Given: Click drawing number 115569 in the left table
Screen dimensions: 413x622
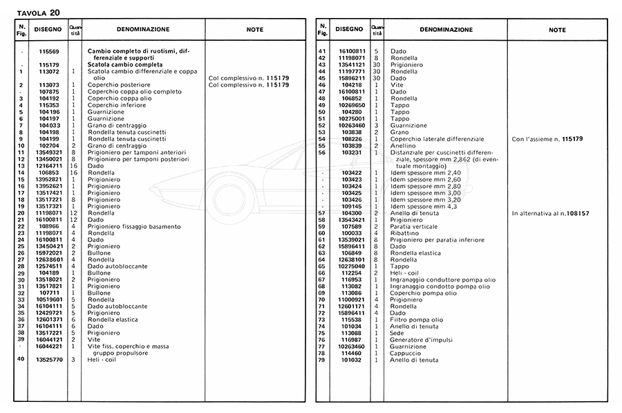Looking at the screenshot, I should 49,53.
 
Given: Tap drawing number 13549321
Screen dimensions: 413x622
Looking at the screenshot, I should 49,152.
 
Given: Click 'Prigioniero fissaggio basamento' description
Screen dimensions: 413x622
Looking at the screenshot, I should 134,226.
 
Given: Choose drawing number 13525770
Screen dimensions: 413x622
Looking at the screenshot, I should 49,359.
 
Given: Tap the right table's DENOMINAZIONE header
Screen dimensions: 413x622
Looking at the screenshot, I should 446,30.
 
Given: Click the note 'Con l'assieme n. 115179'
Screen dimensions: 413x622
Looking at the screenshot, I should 547,138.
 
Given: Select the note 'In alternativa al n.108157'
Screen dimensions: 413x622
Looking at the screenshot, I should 551,214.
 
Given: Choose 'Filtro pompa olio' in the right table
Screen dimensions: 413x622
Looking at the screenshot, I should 418,320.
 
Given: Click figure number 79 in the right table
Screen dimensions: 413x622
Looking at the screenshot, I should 321,360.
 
